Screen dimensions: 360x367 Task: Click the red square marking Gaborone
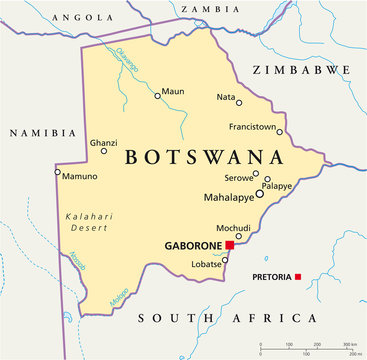pyautogui.click(x=229, y=244)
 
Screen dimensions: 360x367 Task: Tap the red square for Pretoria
pyautogui.click(x=298, y=276)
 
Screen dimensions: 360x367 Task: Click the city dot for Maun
pyautogui.click(x=157, y=96)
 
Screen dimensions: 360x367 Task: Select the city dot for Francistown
pyautogui.click(x=280, y=132)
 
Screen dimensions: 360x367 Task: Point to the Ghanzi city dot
pyautogui.click(x=104, y=151)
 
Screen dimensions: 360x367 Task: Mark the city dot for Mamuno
pyautogui.click(x=58, y=172)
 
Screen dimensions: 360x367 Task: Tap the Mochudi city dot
pyautogui.click(x=239, y=236)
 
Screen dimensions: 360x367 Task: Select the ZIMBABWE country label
pyautogui.click(x=301, y=70)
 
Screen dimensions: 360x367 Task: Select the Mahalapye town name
pyautogui.click(x=227, y=197)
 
